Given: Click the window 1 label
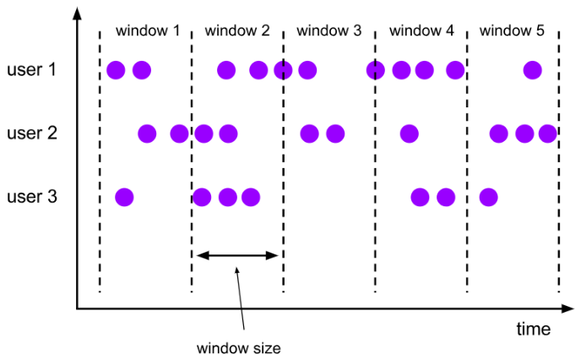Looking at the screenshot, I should [x=148, y=30].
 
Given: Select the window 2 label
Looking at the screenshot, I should [x=237, y=30].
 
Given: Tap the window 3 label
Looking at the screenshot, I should [x=329, y=30].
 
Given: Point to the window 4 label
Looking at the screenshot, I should [x=421, y=30].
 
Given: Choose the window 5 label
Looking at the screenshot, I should [x=512, y=30].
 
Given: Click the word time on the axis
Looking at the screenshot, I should [x=534, y=328].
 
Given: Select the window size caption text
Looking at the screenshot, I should [x=239, y=347].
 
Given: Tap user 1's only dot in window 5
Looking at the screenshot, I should [x=532, y=69].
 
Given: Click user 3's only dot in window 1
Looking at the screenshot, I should [x=124, y=198].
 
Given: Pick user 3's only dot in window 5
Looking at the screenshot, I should [x=487, y=198].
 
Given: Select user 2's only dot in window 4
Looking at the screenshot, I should [x=409, y=134].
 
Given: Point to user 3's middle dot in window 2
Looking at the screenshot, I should [x=227, y=198].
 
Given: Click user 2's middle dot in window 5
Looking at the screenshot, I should [x=524, y=134].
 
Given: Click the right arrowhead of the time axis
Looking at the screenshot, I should [x=567, y=308].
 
